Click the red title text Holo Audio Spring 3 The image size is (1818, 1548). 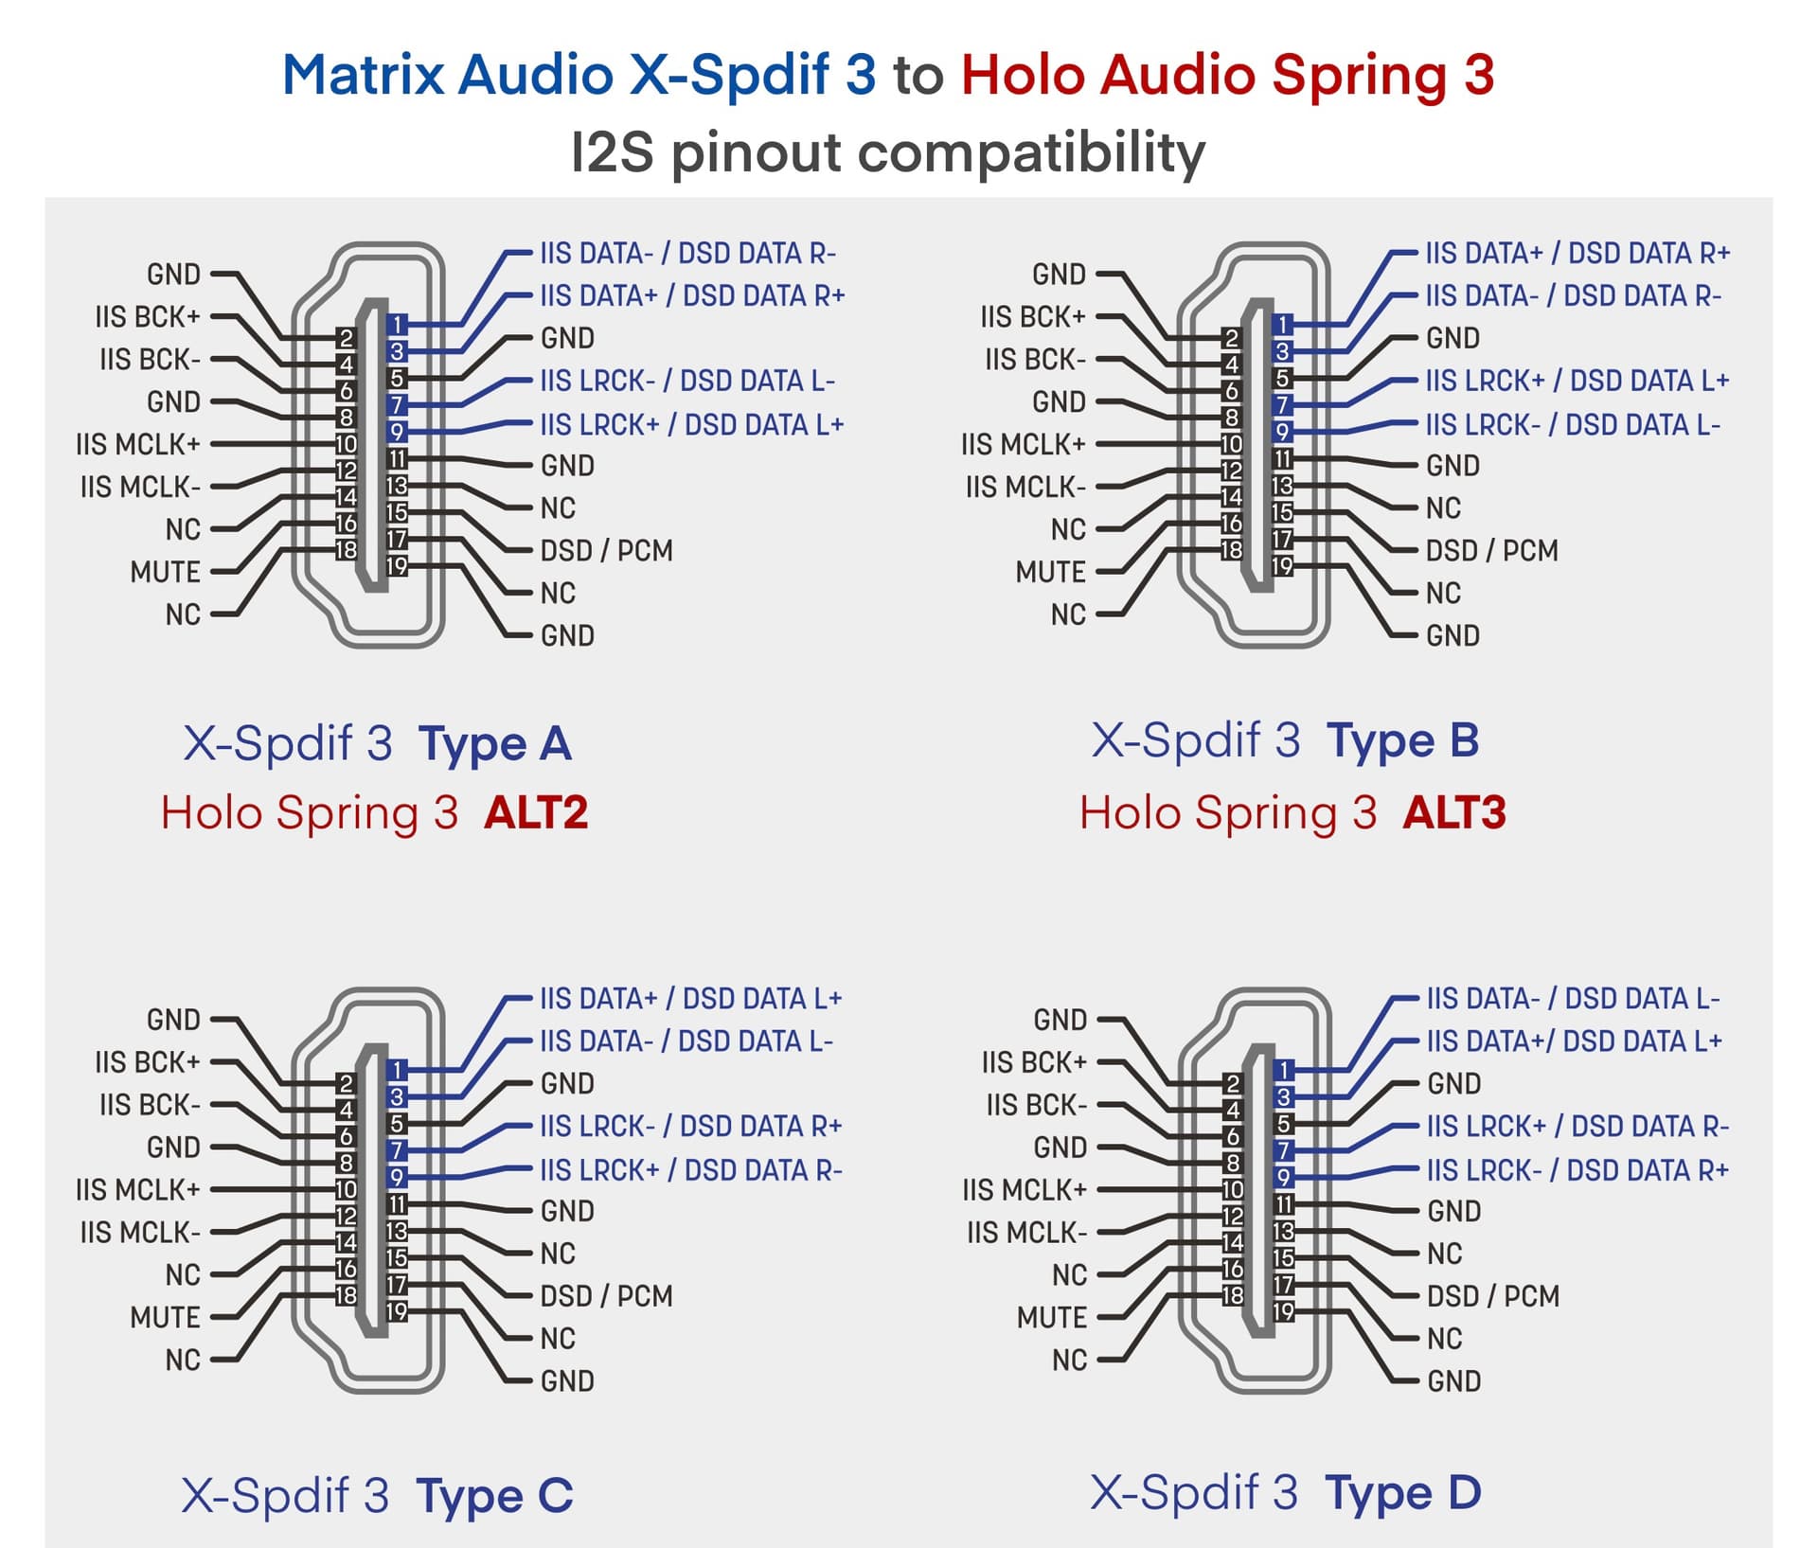1227,75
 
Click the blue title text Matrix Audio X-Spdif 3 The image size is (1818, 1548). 579,75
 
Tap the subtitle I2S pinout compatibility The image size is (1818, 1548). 888,152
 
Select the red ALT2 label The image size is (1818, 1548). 536,812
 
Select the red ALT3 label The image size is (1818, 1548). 1454,812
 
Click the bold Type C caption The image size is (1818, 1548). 495,1496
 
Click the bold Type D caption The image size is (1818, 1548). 1403,1493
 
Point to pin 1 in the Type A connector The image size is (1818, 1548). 398,325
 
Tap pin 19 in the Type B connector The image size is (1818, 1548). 1282,566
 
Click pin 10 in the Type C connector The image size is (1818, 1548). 346,1189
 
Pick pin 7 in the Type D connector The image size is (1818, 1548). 1284,1150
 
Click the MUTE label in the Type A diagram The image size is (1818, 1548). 166,572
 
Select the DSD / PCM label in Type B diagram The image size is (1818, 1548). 1492,550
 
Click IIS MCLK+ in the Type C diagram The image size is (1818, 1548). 138,1189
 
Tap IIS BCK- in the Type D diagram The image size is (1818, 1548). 1037,1105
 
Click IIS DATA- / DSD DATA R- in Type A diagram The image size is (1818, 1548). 688,254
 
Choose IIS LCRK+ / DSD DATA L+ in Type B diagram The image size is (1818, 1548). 1577,381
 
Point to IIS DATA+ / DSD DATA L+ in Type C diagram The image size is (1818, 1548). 691,999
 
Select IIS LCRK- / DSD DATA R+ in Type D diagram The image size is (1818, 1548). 1578,1170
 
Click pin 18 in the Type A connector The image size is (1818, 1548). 346,550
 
